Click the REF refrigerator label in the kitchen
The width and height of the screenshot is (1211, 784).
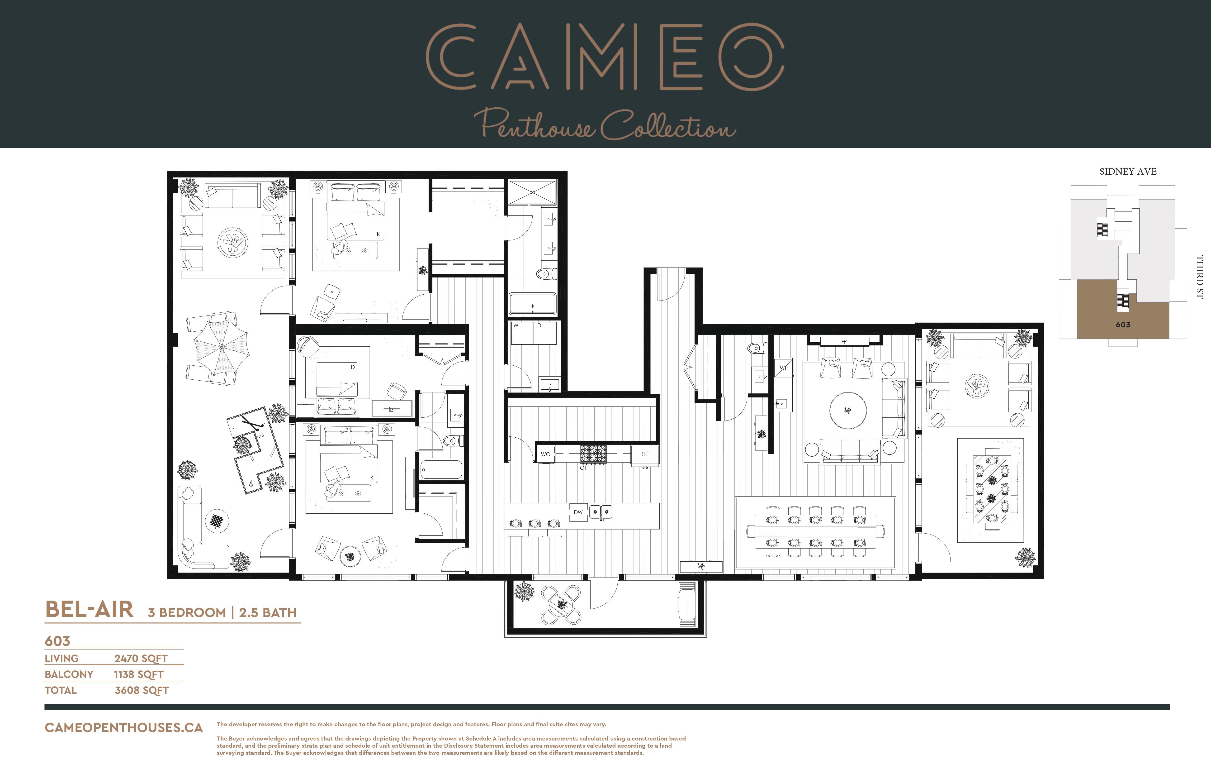pos(644,454)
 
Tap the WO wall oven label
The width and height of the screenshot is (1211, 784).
pos(545,454)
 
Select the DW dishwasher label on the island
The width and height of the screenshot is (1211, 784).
pos(578,512)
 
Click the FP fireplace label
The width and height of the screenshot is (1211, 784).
pos(844,341)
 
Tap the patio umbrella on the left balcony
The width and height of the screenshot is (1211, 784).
pos(221,347)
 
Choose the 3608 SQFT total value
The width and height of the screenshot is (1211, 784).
pos(142,690)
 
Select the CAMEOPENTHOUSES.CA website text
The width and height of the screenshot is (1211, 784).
pos(124,727)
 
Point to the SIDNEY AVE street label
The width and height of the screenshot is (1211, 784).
pos(1128,172)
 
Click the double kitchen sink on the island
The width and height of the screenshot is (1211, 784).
pos(601,512)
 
